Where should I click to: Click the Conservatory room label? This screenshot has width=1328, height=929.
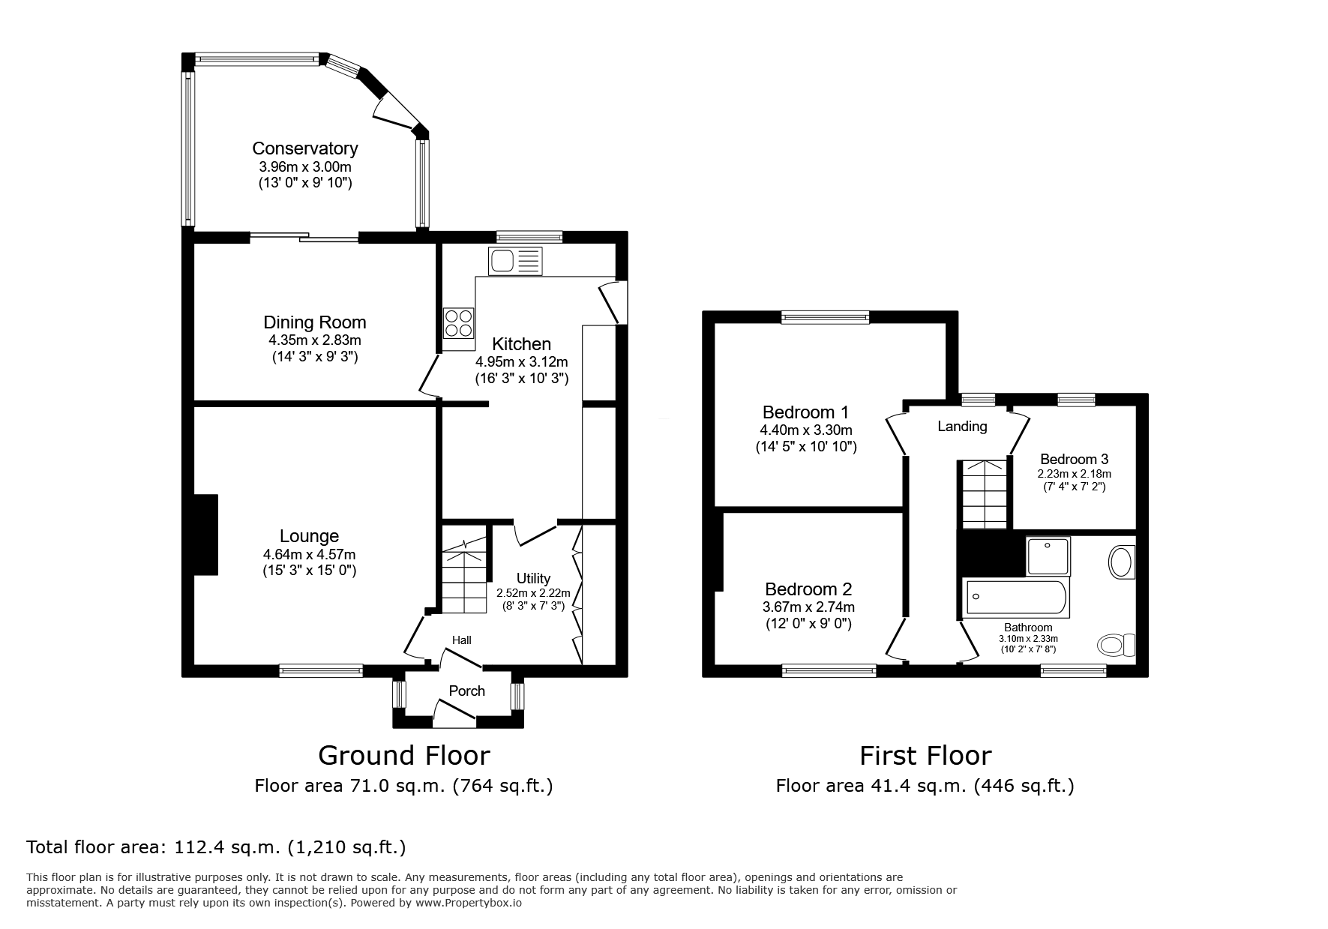(x=304, y=148)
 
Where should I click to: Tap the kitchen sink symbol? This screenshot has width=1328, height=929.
(x=514, y=261)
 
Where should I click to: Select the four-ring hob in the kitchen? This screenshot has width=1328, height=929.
(x=458, y=323)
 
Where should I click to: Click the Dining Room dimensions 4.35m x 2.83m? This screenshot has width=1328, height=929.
(x=315, y=340)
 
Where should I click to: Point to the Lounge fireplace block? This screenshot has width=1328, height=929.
(x=205, y=535)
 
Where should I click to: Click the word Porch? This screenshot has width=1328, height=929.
(x=466, y=691)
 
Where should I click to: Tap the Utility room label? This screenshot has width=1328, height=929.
(x=533, y=578)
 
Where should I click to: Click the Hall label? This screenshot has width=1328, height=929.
(x=462, y=640)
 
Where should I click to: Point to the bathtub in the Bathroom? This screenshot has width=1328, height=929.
(x=1015, y=598)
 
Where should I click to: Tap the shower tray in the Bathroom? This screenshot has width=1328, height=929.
(x=1048, y=556)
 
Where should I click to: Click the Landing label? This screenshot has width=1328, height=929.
(x=962, y=427)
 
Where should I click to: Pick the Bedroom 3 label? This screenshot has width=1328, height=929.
(x=1074, y=459)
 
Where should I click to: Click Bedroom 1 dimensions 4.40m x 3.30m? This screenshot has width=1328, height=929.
(x=805, y=430)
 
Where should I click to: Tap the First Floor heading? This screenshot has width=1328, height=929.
(x=925, y=755)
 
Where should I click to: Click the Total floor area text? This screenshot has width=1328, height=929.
(x=216, y=847)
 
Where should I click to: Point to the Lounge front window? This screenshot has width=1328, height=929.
(x=321, y=670)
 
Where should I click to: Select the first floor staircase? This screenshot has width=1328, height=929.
(x=984, y=494)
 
